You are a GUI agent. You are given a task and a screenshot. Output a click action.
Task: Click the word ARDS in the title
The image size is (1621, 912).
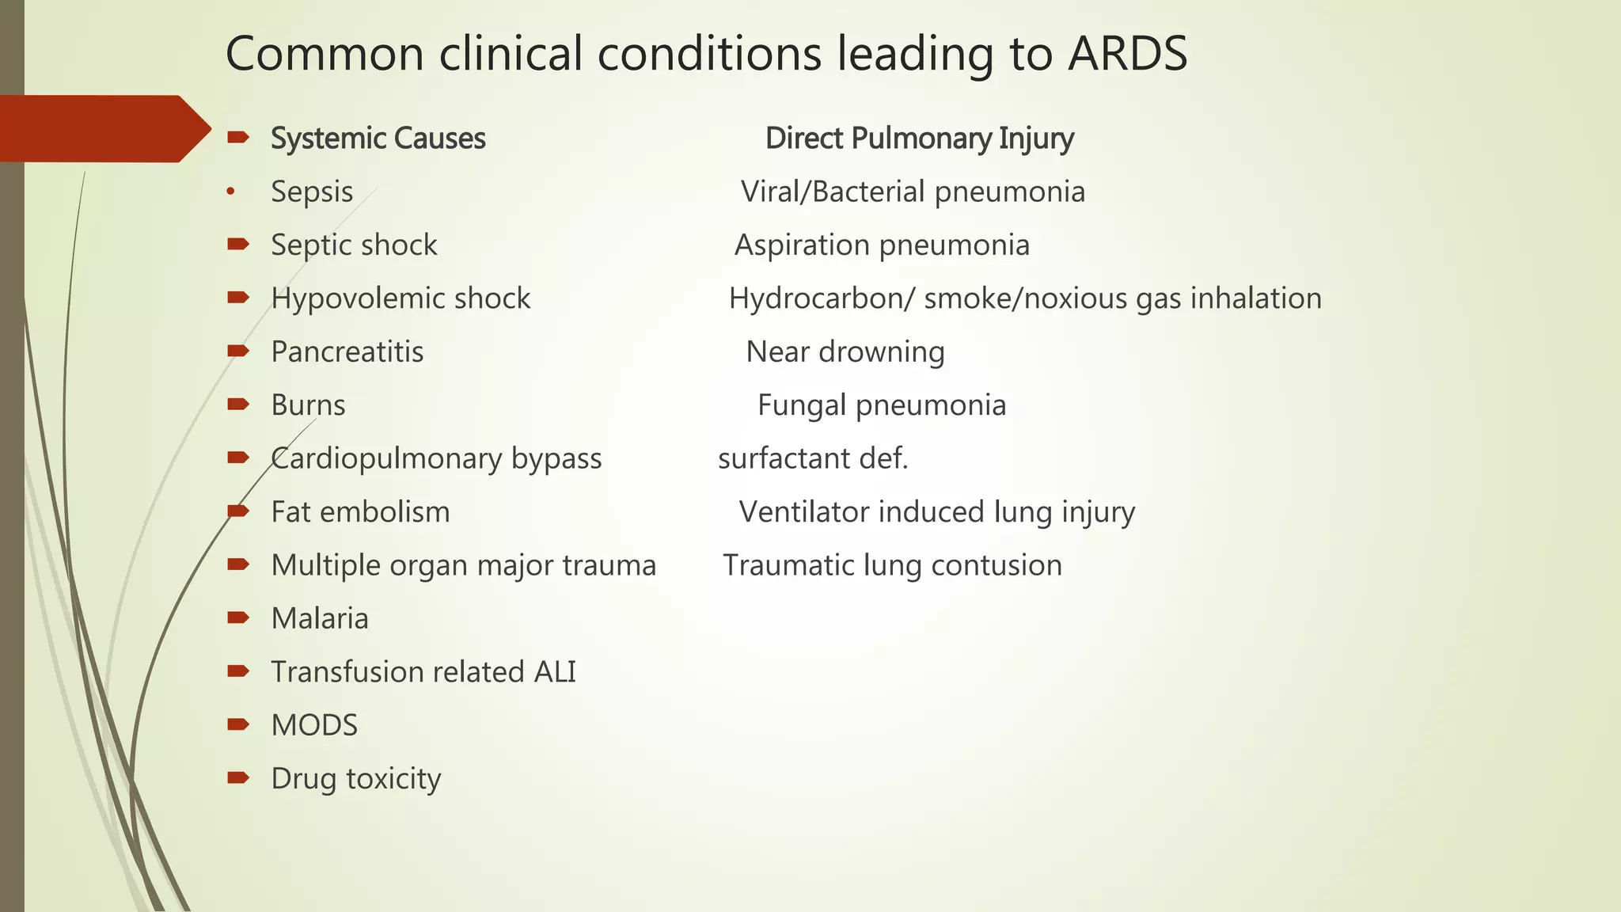coord(1127,55)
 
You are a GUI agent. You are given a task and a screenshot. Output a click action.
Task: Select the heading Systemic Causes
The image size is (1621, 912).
coord(378,139)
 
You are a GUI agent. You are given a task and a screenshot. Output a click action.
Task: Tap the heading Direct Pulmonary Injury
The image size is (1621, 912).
coord(919,139)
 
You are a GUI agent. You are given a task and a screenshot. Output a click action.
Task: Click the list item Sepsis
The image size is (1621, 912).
coord(312,192)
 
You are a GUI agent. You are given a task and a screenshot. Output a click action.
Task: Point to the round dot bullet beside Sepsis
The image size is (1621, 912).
coord(230,191)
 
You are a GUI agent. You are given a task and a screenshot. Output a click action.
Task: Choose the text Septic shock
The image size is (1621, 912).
coord(354,245)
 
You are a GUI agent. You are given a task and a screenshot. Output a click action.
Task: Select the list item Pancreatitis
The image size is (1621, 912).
coord(347,352)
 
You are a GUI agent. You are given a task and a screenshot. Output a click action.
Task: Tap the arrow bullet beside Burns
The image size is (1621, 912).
coord(237,405)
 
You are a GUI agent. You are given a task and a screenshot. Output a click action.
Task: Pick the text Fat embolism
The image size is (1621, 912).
coord(360,512)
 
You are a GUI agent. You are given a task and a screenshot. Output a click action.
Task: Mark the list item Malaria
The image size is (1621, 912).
coord(320,619)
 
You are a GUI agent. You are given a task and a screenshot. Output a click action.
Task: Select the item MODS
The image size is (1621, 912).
coord(314,725)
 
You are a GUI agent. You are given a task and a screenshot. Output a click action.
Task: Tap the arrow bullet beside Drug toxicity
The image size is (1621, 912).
coord(237,777)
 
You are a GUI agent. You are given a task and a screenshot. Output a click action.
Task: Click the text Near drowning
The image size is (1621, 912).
coord(845,352)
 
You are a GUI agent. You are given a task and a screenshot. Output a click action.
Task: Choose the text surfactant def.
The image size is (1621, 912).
coord(813,459)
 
